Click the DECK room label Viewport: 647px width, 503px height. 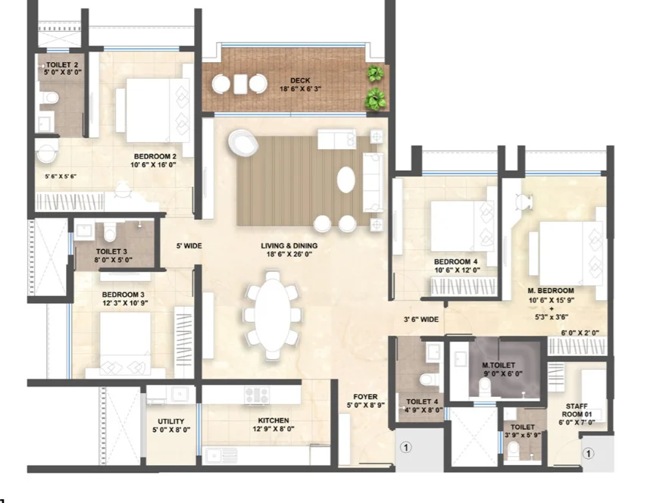point(300,80)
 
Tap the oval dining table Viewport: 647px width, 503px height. point(271,314)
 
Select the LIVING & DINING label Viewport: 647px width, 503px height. point(289,246)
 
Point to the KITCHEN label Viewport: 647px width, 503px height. point(273,420)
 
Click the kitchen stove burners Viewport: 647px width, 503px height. point(257,395)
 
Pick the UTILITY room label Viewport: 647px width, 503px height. point(170,421)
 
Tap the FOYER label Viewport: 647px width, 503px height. point(365,397)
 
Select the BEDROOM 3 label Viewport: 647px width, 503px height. point(123,295)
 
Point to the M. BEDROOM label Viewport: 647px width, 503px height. point(551,290)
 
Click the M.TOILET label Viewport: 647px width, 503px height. point(499,365)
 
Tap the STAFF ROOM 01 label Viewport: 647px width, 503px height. point(577,410)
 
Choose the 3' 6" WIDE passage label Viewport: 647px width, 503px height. point(421,320)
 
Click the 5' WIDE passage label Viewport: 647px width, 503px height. point(189,246)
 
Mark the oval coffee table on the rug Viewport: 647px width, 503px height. point(345,179)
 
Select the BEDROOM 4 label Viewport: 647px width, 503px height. point(455,261)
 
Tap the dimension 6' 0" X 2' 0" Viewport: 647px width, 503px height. point(580,333)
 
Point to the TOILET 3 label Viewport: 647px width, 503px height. point(111,251)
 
